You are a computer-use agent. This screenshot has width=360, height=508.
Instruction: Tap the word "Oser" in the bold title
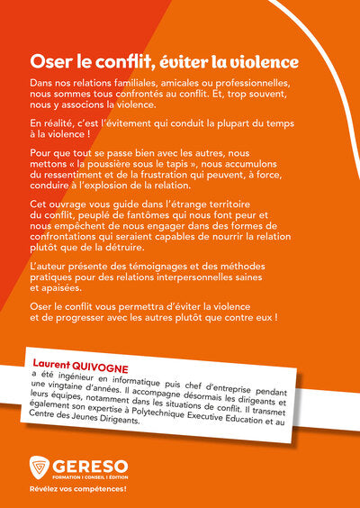(x=50, y=62)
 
